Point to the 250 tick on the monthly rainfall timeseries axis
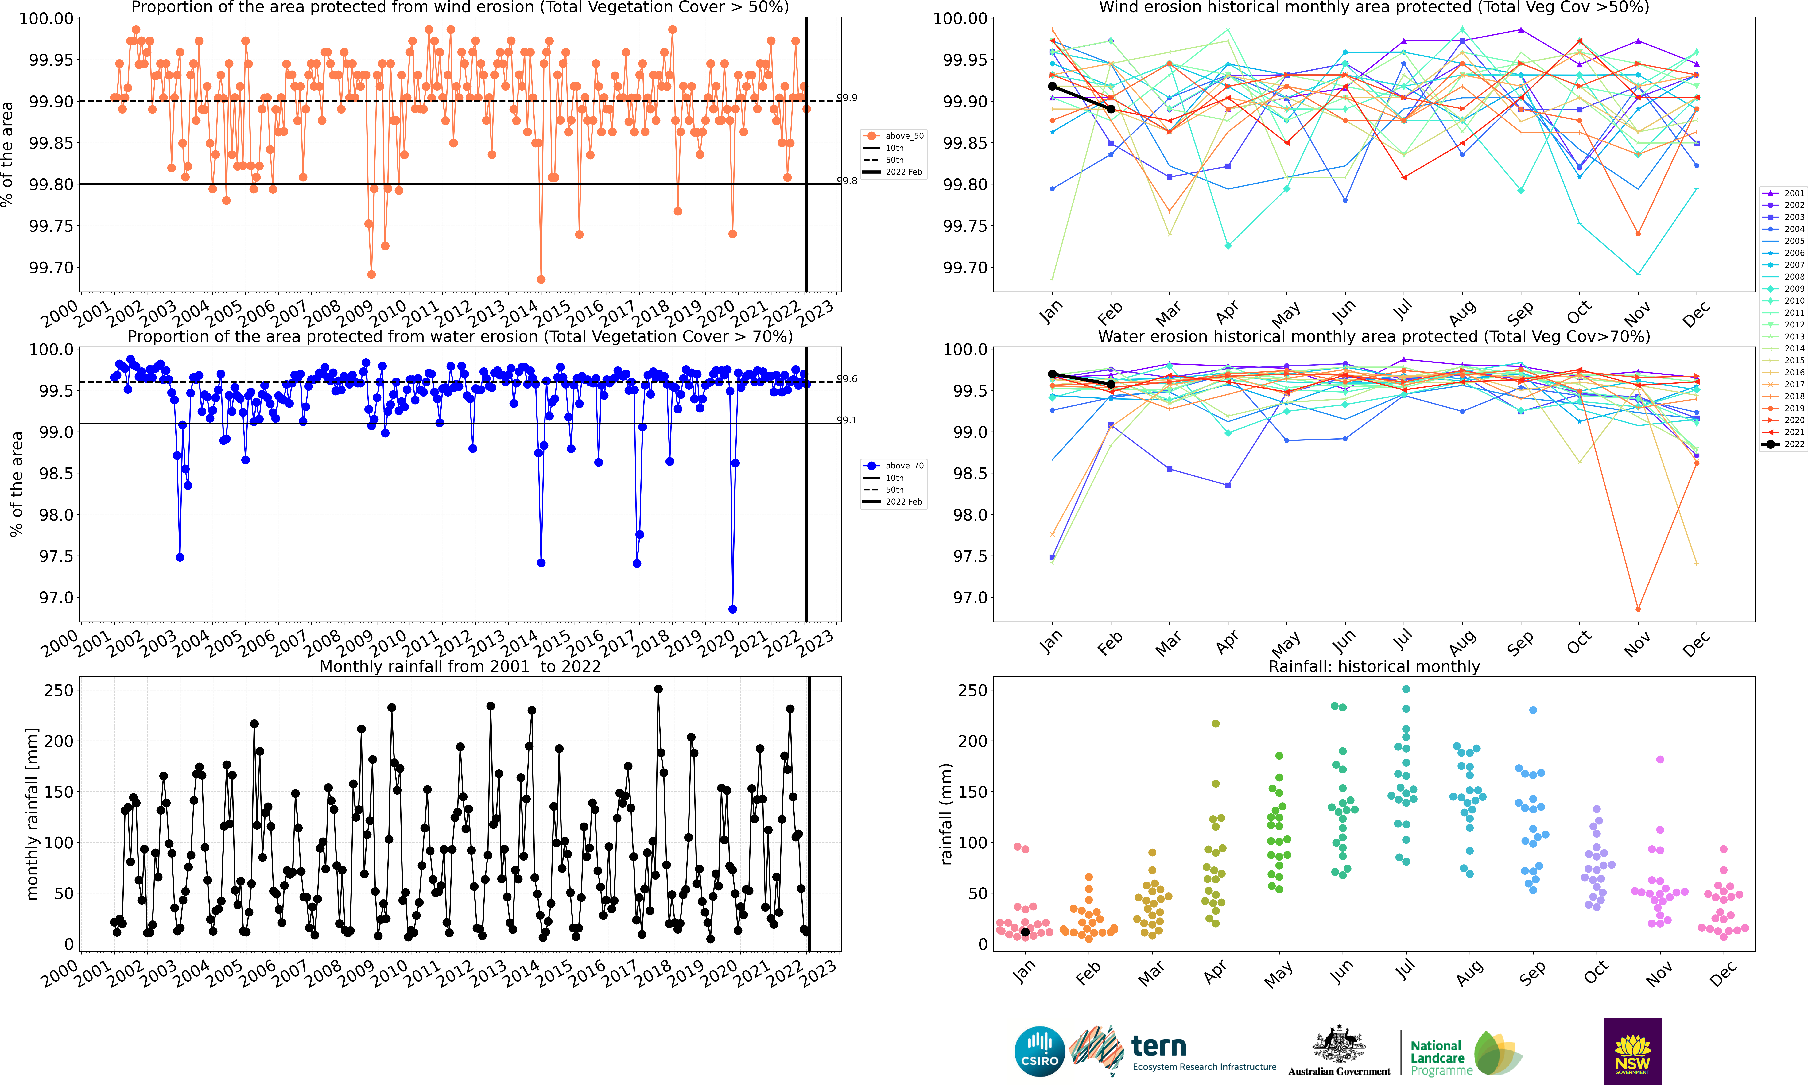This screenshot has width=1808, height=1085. point(59,690)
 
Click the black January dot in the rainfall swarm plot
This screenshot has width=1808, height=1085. point(1025,932)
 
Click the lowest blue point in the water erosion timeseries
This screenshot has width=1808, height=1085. point(733,609)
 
